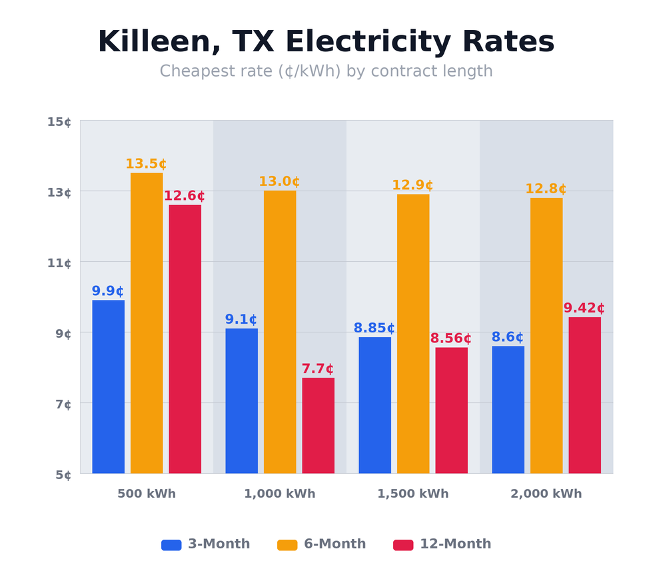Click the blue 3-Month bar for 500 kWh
(x=108, y=386)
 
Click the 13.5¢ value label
(x=146, y=164)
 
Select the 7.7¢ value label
(x=318, y=369)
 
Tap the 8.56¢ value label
(x=450, y=338)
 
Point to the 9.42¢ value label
(x=584, y=308)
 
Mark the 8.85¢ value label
(x=374, y=328)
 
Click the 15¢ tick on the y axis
(x=59, y=121)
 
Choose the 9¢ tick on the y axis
(x=59, y=333)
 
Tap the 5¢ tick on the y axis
(x=59, y=475)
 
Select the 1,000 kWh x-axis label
(x=280, y=494)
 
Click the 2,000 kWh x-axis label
(x=546, y=494)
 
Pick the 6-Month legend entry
(x=322, y=544)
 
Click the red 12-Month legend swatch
(x=403, y=545)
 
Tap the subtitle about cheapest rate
(x=326, y=71)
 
